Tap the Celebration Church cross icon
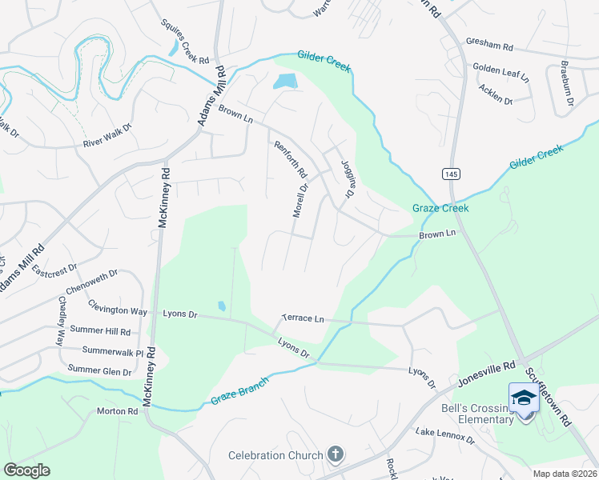[x=336, y=455]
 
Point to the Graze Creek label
[x=440, y=208]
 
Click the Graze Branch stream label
[x=238, y=390]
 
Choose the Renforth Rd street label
[x=291, y=160]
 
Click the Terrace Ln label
[x=302, y=318]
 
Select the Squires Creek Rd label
[x=184, y=42]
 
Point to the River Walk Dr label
[x=107, y=143]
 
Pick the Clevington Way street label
[x=118, y=310]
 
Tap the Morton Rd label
[x=118, y=410]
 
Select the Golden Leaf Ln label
[x=501, y=73]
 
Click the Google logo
[x=26, y=470]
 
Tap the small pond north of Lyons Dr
[x=221, y=306]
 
